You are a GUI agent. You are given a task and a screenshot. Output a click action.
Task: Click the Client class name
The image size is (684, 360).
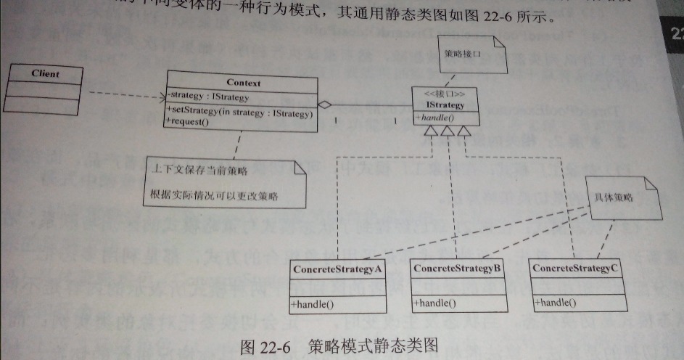pos(46,74)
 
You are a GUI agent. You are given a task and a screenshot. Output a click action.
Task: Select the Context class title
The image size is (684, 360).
pos(243,83)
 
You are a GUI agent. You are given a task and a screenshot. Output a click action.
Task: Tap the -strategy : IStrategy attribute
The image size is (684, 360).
pos(209,97)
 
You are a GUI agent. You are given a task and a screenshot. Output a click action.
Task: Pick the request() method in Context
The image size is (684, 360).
pos(188,122)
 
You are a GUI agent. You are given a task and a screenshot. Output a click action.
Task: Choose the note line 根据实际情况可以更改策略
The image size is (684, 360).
pos(215,197)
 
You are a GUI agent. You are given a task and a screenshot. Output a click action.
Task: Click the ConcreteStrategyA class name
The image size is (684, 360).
pos(337,269)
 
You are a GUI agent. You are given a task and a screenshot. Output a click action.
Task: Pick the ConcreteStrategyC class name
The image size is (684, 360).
pos(577,268)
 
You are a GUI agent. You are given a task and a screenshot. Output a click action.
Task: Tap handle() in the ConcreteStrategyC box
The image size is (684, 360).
pos(556,302)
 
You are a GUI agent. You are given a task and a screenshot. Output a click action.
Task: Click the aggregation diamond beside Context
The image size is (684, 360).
pos(325,105)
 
